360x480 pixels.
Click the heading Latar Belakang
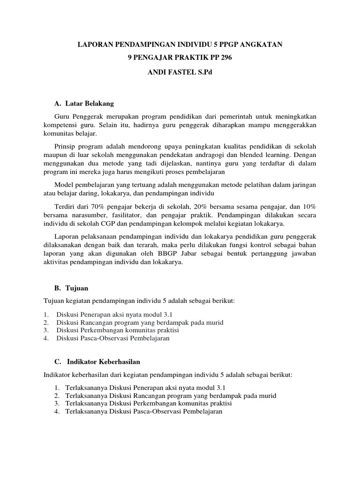(x=89, y=103)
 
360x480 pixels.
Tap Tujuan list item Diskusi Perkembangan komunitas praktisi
(x=118, y=330)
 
